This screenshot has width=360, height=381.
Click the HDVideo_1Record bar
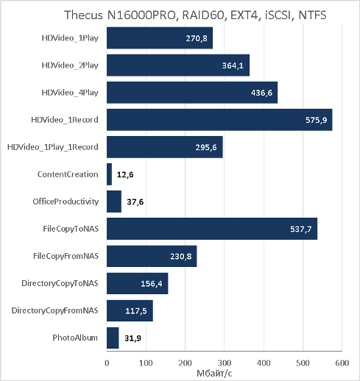point(219,120)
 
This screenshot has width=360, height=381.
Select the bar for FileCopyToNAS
point(212,229)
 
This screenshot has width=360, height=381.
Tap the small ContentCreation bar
point(109,174)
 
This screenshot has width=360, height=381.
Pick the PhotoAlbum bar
point(113,338)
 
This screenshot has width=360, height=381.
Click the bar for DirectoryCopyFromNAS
point(130,310)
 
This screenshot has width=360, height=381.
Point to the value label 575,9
point(316,120)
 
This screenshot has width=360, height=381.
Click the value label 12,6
point(125,174)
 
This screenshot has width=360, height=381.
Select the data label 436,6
point(261,93)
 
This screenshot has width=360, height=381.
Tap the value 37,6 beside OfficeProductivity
point(135,202)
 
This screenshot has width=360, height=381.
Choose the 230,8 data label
point(181,256)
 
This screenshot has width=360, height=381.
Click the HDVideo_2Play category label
point(70,65)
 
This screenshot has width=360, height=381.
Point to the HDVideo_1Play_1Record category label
point(53,147)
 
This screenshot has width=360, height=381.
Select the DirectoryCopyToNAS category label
point(60,283)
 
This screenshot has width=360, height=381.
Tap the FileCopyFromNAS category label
point(66,256)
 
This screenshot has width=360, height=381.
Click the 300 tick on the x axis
point(225,363)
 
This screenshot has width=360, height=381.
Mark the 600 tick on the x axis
point(342,363)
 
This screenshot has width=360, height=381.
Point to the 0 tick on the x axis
point(107,363)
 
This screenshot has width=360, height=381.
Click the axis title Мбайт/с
point(214,374)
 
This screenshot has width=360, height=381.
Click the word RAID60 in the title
point(203,15)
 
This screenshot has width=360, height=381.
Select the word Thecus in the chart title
point(83,15)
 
